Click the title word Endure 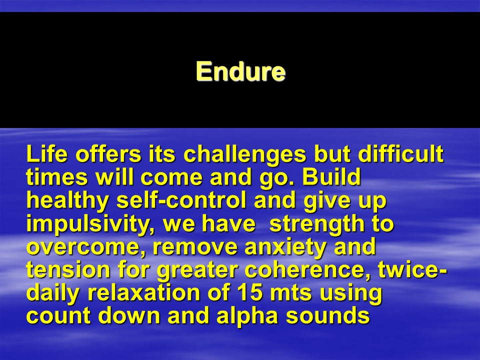pyautogui.click(x=240, y=71)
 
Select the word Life pyautogui.click(x=47, y=153)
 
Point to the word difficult pyautogui.click(x=400, y=153)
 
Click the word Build pyautogui.click(x=331, y=176)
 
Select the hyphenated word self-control pyautogui.click(x=181, y=200)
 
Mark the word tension pyautogui.click(x=68, y=269)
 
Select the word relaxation pyautogui.click(x=143, y=293)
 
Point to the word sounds pyautogui.click(x=328, y=316)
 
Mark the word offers pyautogui.click(x=108, y=153)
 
